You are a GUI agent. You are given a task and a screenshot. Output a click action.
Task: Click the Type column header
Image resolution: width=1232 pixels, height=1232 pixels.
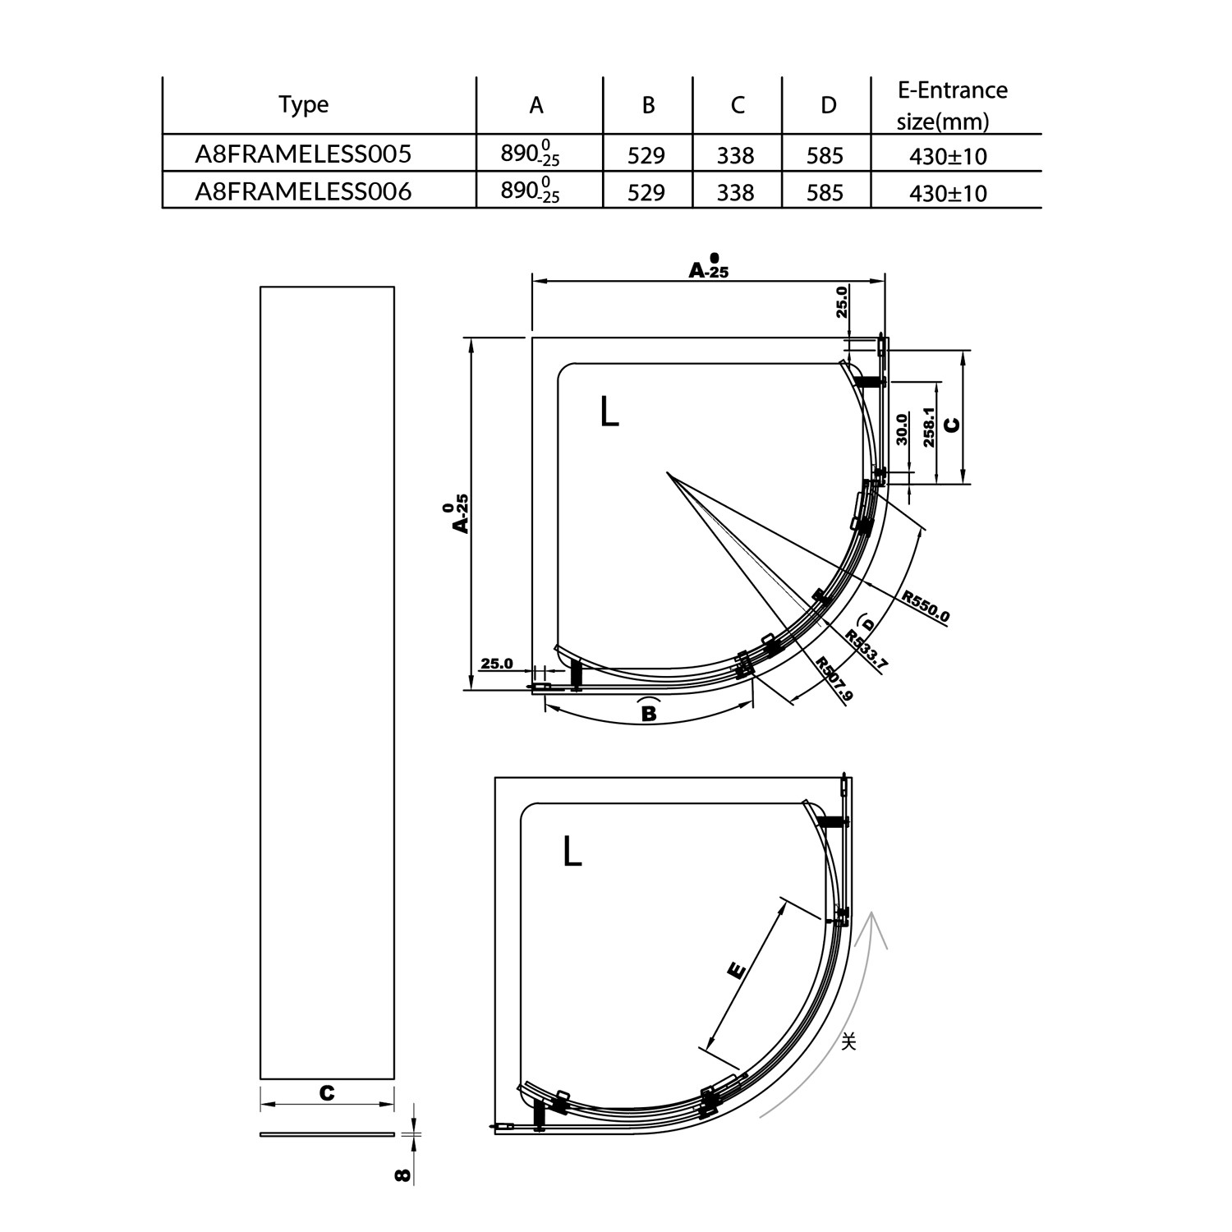[303, 105]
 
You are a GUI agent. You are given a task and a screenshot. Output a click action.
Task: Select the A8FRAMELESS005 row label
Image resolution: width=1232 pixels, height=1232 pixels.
[303, 154]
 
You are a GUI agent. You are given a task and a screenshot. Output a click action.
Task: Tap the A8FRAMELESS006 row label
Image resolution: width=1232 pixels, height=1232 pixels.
[303, 191]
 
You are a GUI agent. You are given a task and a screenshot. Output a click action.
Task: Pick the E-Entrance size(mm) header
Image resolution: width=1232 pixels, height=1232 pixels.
[952, 106]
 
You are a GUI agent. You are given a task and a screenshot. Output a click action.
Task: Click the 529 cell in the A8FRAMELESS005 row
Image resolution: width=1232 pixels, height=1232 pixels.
[646, 155]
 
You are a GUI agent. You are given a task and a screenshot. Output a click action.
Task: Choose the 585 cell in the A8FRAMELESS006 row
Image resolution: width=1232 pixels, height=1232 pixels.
[825, 193]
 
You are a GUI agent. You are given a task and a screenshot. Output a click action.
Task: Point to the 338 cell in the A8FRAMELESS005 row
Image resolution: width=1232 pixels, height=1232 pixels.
[735, 155]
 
